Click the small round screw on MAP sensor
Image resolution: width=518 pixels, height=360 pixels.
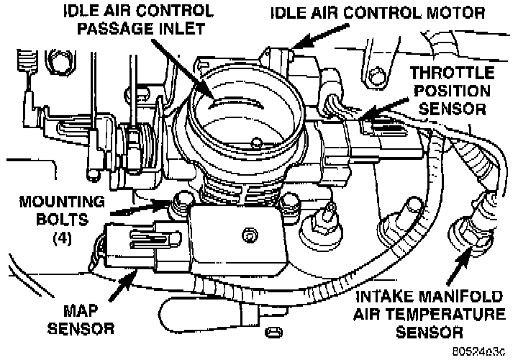coord(247,234)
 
